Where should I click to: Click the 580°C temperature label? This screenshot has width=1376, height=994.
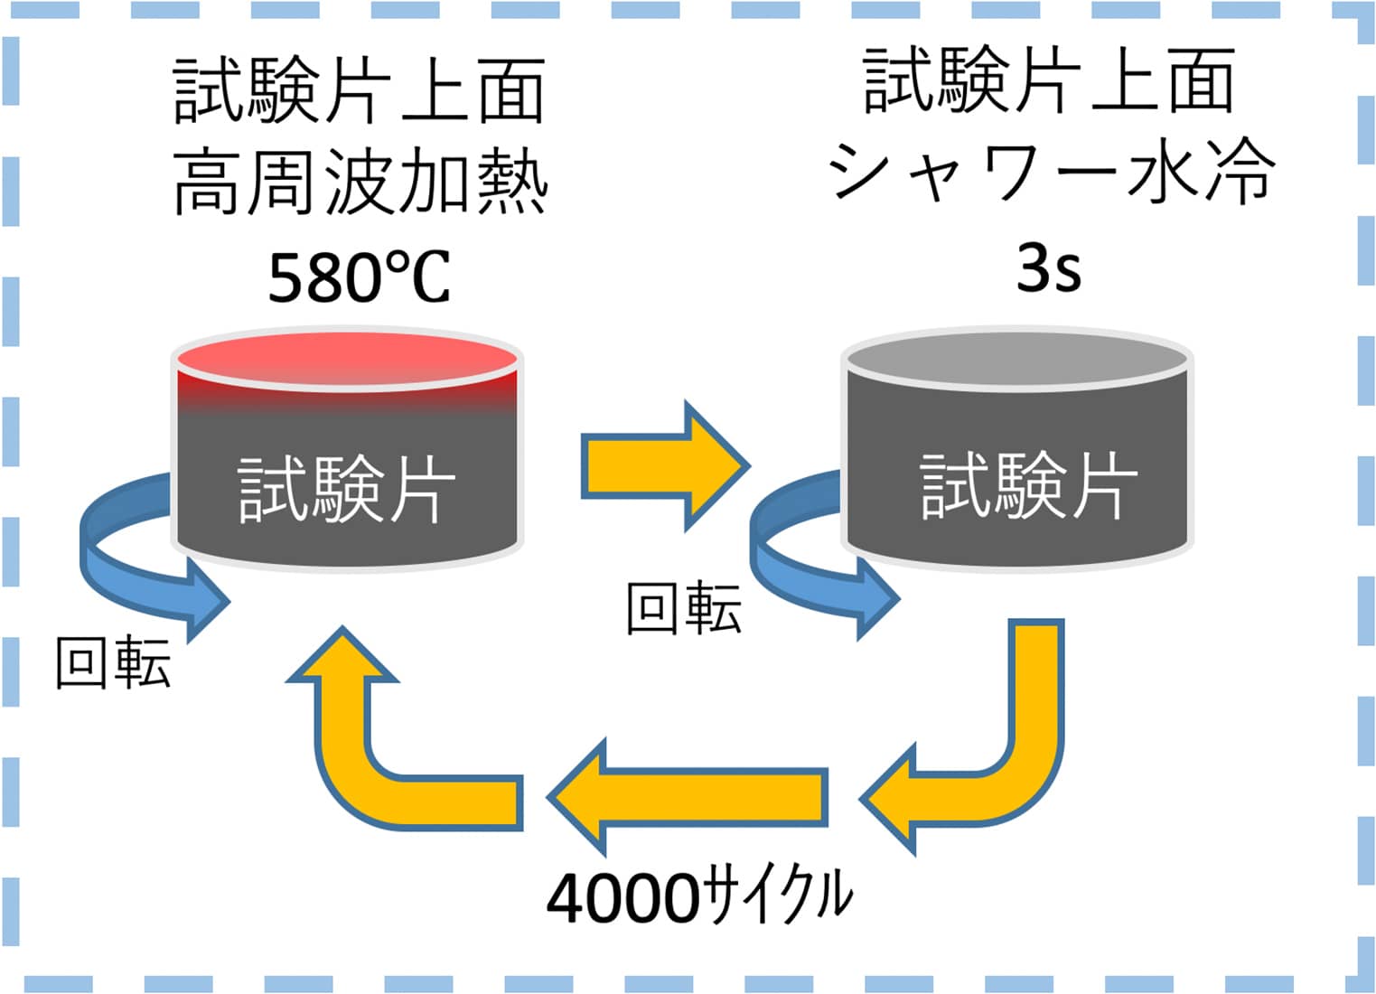[359, 277]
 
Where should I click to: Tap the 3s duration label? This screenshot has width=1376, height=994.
[1048, 267]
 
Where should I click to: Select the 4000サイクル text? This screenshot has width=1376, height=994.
[699, 896]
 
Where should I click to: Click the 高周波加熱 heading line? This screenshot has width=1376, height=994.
[360, 183]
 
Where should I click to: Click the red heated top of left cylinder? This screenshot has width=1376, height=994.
[348, 358]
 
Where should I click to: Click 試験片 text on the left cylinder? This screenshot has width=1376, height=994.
[346, 489]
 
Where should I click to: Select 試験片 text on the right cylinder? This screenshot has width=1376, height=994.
[1028, 486]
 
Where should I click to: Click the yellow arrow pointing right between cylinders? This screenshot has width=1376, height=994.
[664, 466]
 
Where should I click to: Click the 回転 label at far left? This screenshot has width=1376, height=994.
[113, 662]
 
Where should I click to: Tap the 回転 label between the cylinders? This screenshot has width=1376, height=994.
[684, 606]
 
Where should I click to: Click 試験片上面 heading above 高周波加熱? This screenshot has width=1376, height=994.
[359, 90]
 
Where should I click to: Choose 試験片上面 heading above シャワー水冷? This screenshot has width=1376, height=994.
[1049, 81]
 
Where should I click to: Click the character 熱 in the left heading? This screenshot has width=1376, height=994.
[512, 183]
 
